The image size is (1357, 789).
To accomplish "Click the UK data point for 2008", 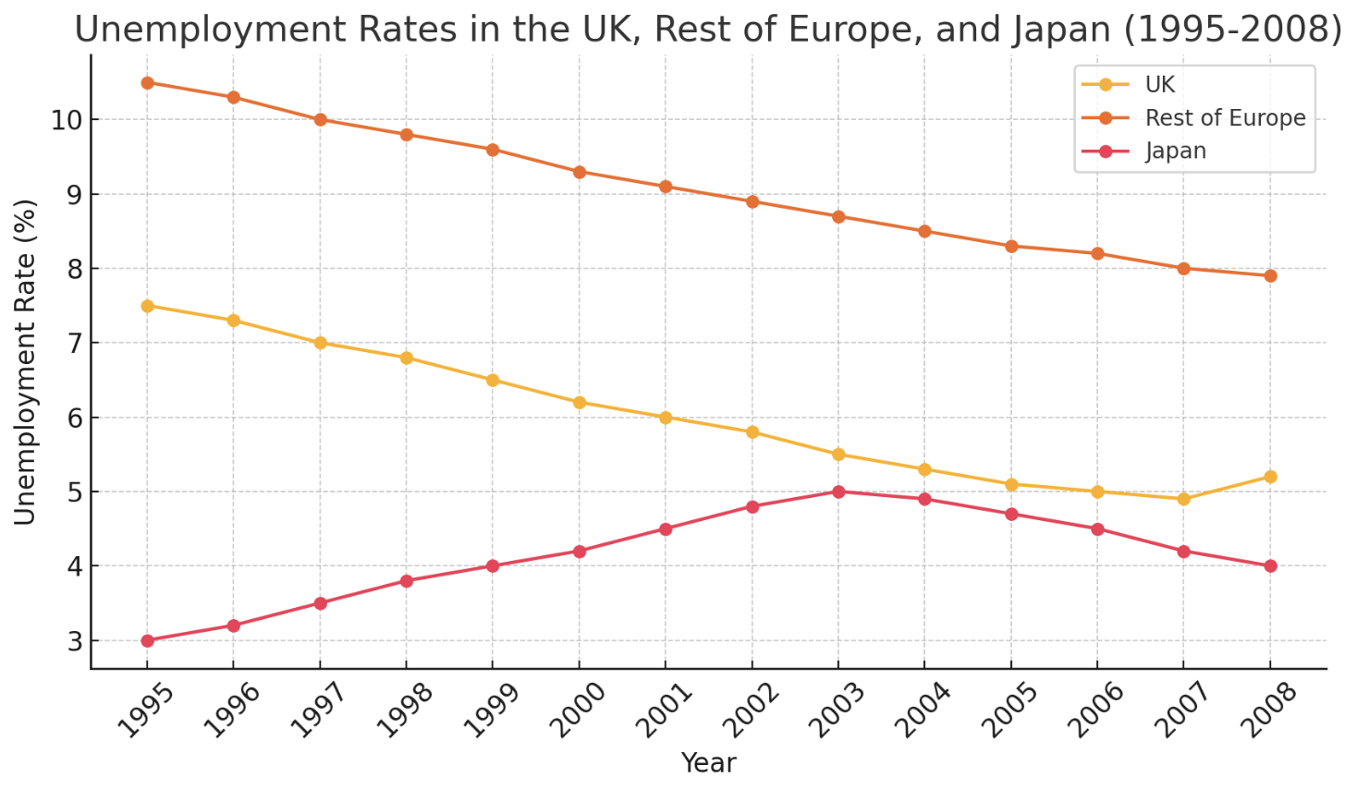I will [x=1270, y=477].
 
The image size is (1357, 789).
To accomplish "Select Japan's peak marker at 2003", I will [x=838, y=492].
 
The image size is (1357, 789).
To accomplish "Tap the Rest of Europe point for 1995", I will [x=147, y=83].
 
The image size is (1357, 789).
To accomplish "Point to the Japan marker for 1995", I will [x=147, y=640].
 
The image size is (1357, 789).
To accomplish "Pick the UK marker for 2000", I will [x=580, y=403].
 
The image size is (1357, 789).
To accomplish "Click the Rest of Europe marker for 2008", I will [x=1270, y=276].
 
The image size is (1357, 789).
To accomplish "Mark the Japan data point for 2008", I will [x=1270, y=566].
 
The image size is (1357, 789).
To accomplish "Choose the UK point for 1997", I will [x=320, y=343].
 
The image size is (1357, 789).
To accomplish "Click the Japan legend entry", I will [x=1175, y=152].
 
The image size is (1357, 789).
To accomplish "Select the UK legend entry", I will [x=1159, y=85].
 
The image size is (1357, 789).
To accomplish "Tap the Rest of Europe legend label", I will [x=1225, y=118].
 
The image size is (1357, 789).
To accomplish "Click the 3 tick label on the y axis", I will [x=75, y=641].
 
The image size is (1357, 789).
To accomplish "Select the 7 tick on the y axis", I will [x=75, y=344].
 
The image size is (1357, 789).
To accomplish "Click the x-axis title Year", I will [x=708, y=763].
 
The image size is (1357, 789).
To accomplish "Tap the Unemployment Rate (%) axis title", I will [x=26, y=362].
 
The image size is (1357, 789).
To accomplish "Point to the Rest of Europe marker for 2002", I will [x=752, y=202].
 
